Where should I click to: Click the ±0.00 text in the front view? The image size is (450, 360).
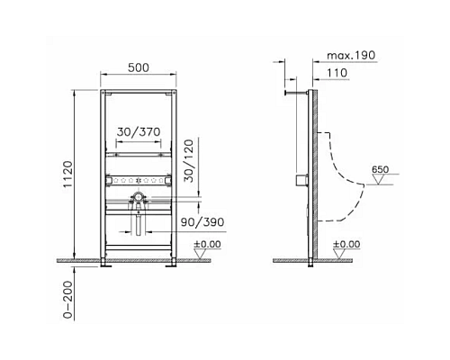pyautogui.click(x=208, y=243)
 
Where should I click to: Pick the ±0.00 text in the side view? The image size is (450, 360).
pyautogui.click(x=346, y=243)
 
